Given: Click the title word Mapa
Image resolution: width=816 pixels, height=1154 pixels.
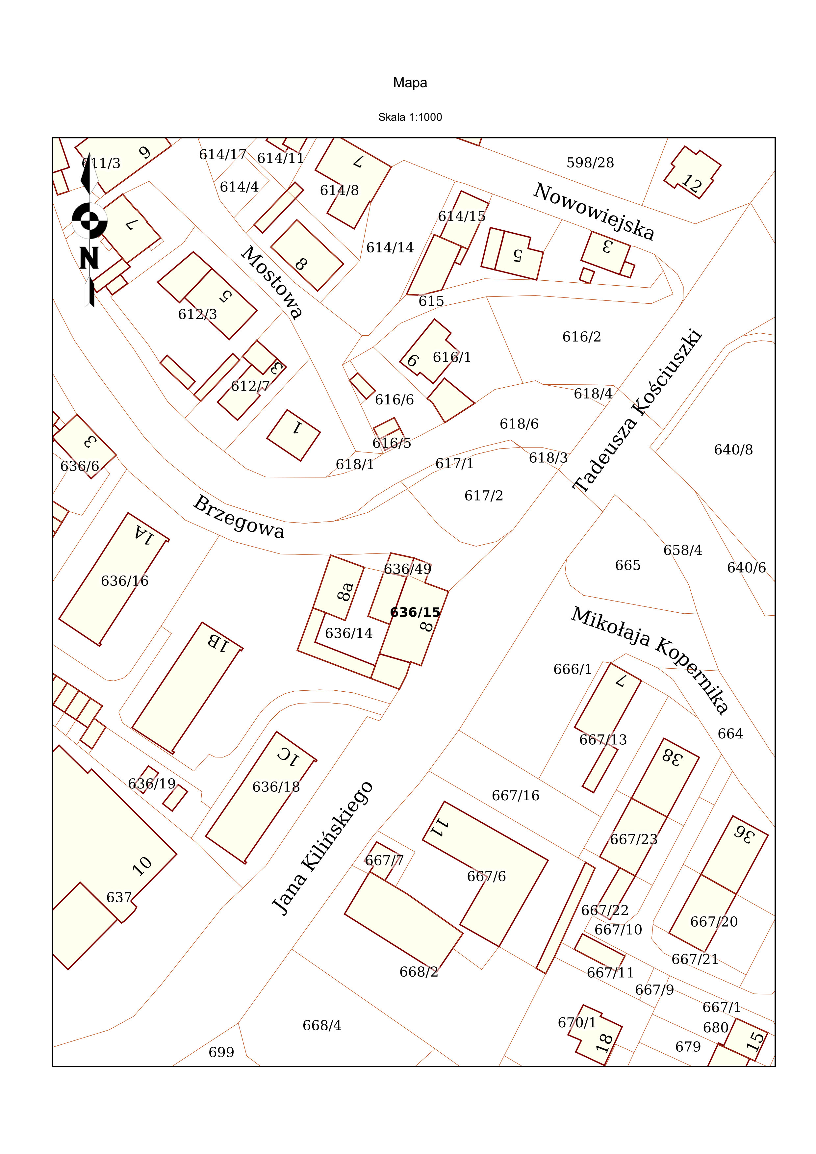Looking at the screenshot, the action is [x=410, y=83].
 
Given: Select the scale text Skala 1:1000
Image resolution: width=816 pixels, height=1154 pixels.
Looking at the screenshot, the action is [x=410, y=117].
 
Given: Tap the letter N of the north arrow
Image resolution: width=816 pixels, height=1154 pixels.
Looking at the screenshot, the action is [x=89, y=258].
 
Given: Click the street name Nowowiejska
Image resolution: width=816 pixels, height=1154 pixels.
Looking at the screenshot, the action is [x=594, y=212].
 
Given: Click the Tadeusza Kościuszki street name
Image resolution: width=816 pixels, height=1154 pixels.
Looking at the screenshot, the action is [x=637, y=410].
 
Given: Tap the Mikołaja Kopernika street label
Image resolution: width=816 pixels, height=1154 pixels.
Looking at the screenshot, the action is [x=650, y=660].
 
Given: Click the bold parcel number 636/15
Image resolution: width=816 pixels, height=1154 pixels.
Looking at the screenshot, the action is [x=415, y=612].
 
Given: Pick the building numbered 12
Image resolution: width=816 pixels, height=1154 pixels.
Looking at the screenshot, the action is [x=692, y=172].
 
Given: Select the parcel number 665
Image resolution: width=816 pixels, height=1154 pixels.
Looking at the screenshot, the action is [x=627, y=565].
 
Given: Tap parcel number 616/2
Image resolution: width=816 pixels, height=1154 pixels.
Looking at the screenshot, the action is [x=582, y=337].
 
